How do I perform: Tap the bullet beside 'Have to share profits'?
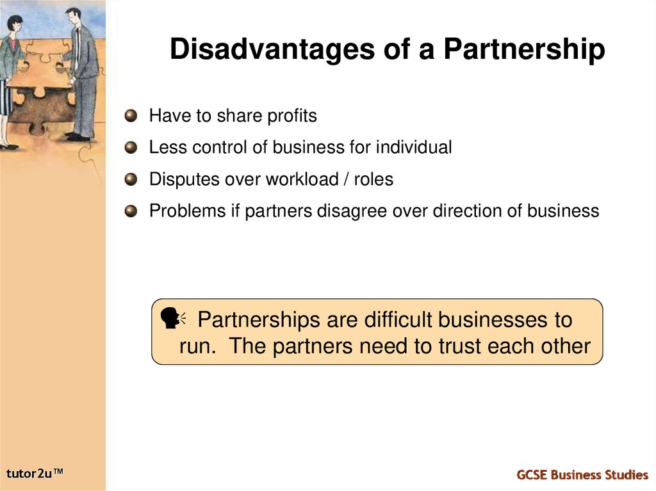click(131, 116)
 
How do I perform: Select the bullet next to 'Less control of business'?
click(131, 147)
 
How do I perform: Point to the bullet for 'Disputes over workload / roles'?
click(131, 179)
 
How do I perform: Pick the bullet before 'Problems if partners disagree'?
click(131, 211)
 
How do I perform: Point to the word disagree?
click(348, 211)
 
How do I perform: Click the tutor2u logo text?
click(36, 474)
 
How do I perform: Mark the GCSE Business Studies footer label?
click(582, 474)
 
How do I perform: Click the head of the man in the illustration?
click(74, 15)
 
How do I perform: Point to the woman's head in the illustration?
click(14, 26)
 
